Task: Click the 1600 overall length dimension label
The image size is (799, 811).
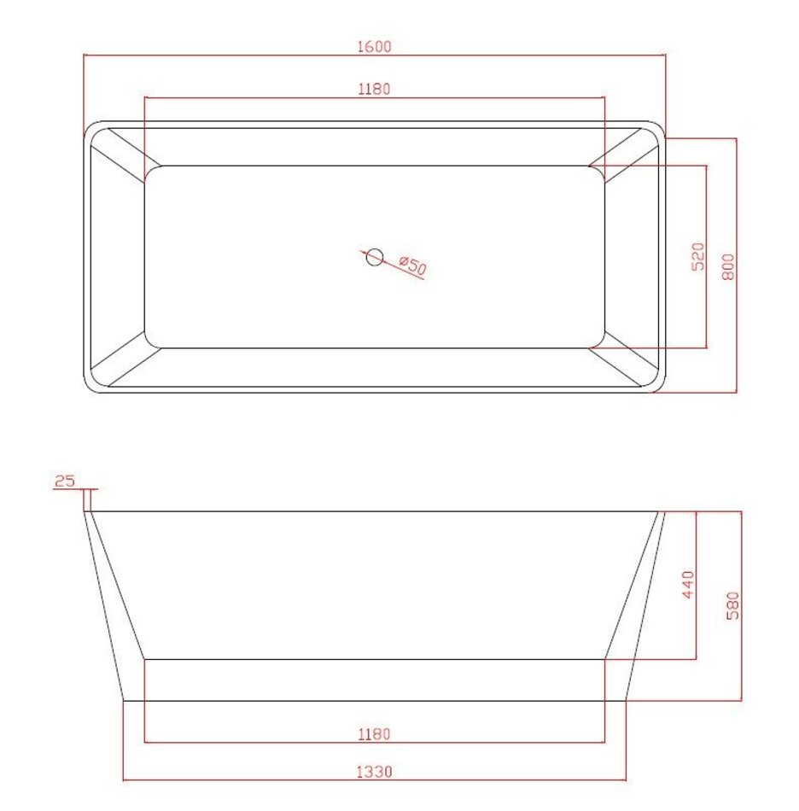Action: [375, 47]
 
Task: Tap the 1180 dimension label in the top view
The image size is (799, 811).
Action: [375, 89]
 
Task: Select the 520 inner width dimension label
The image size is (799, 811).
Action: [697, 257]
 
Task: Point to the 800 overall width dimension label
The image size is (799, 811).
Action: [727, 266]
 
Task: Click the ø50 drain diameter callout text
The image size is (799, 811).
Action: [413, 265]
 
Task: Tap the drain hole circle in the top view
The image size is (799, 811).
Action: [374, 257]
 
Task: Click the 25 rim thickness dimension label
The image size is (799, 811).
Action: [65, 481]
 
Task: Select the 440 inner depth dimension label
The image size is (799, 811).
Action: [688, 585]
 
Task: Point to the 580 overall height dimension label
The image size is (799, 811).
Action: [732, 605]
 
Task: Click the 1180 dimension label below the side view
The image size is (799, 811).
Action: [375, 734]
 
